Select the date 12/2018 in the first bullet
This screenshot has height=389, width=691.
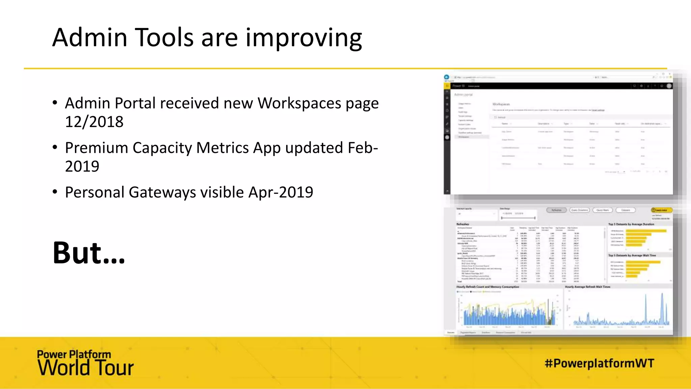(x=94, y=122)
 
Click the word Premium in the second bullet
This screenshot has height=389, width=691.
(x=96, y=148)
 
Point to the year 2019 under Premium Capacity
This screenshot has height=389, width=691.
(x=82, y=166)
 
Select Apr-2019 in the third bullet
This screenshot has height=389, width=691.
(x=281, y=192)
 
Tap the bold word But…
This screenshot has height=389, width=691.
(x=89, y=253)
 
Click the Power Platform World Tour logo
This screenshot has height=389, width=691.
(x=85, y=363)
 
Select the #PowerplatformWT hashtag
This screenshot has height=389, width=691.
(x=599, y=363)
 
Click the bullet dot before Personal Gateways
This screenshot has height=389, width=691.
(x=55, y=192)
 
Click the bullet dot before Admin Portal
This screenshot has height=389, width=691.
(x=55, y=103)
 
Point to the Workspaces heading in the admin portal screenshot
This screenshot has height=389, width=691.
(x=501, y=104)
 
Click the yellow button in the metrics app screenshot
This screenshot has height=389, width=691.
(x=661, y=210)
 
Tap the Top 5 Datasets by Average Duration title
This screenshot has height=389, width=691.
(x=631, y=224)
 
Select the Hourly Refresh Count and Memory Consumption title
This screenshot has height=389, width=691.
(x=488, y=287)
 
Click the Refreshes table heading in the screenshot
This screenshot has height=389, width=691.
(x=463, y=224)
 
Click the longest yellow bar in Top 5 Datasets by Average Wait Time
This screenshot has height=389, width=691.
(x=643, y=262)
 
